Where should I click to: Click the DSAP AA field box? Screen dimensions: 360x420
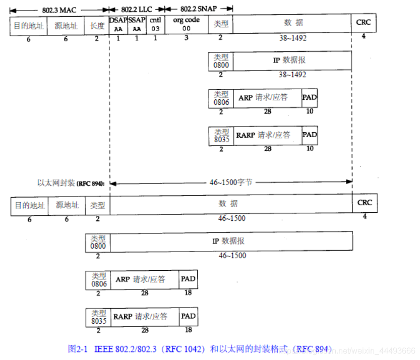click(x=118, y=25)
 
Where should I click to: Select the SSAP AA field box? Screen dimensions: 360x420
click(x=136, y=25)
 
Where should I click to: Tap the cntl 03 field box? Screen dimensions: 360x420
click(x=155, y=25)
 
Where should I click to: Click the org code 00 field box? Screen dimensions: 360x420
click(x=186, y=25)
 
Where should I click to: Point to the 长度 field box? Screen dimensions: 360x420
click(x=97, y=25)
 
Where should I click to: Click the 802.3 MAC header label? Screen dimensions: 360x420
click(x=59, y=9)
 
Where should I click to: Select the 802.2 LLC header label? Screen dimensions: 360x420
click(x=136, y=9)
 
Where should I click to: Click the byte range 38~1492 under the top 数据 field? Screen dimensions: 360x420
click(x=293, y=38)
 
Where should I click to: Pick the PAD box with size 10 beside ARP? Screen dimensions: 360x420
click(x=310, y=98)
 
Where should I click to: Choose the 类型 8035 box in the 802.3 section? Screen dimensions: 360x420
click(x=221, y=136)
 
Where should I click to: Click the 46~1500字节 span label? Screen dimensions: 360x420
click(x=231, y=182)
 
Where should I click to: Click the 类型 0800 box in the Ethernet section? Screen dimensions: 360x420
click(x=98, y=243)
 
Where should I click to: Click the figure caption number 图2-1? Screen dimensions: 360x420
click(x=78, y=348)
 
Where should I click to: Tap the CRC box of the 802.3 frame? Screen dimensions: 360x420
click(x=364, y=23)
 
